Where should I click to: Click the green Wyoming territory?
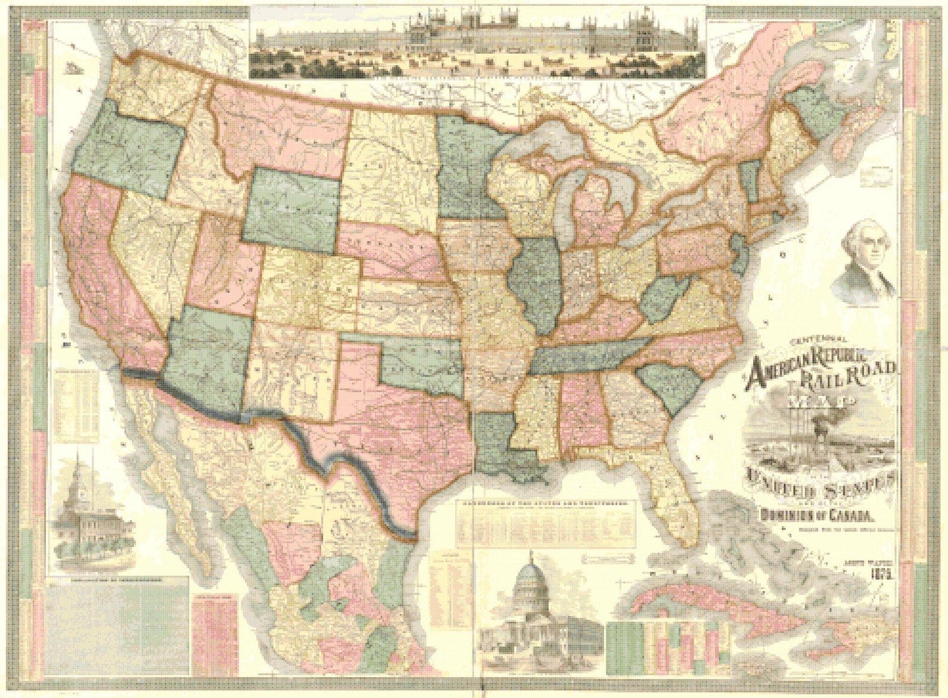tap(293, 206)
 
